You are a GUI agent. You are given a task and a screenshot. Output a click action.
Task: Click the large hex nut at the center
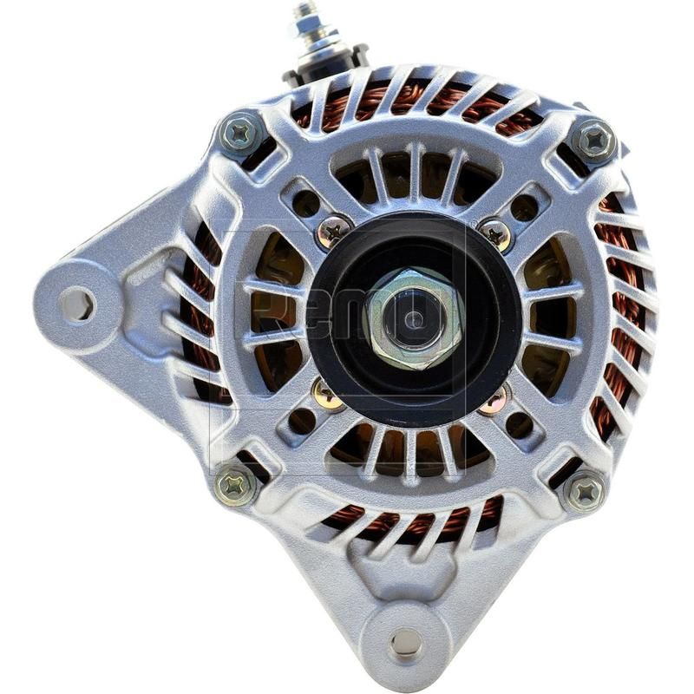coord(413,318)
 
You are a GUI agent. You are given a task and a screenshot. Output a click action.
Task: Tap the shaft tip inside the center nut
coord(413,318)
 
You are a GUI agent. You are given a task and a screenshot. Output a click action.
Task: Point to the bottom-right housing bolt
coord(585,492)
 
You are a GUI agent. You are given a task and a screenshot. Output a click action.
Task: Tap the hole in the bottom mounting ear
coord(405,643)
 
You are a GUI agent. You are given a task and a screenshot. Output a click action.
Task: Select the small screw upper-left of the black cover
coord(334,230)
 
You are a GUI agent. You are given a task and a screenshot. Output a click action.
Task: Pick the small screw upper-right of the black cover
coord(495,232)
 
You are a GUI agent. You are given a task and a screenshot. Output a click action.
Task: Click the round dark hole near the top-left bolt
coord(305,203)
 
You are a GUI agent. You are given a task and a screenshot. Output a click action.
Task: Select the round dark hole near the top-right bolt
coord(524,207)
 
